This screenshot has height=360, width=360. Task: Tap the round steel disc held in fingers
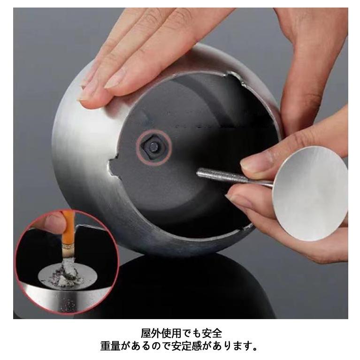point(310,193)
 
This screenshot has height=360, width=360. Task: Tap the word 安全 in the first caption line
point(211,334)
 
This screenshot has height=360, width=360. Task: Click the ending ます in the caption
point(241,347)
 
